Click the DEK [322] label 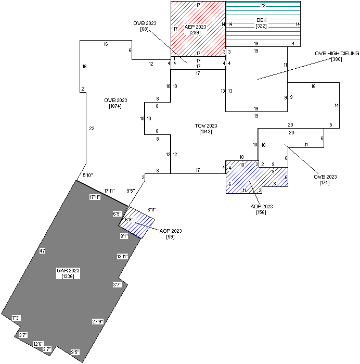click(x=261, y=23)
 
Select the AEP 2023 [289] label click(x=196, y=30)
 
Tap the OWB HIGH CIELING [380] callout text click(x=336, y=56)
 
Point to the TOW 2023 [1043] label click(x=206, y=129)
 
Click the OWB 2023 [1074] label click(x=115, y=103)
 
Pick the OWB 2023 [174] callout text click(x=325, y=180)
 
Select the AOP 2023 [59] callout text click(x=170, y=234)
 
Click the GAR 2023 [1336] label click(x=68, y=273)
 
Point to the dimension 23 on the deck click(x=263, y=5)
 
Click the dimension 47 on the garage click(x=43, y=251)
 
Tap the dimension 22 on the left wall click(x=92, y=129)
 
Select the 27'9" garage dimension click(x=98, y=321)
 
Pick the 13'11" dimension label click(x=122, y=256)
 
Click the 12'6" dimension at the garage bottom click(x=38, y=344)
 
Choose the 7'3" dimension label click(x=17, y=318)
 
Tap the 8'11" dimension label click(x=152, y=209)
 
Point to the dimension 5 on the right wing click(x=331, y=125)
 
